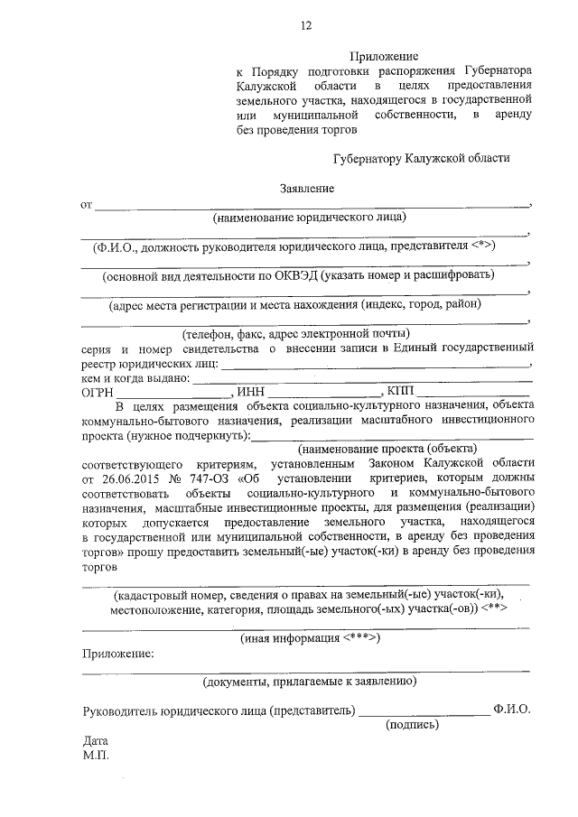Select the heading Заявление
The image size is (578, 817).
point(306,188)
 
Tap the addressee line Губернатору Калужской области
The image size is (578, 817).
point(420,157)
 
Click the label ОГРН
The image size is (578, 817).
point(98,391)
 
